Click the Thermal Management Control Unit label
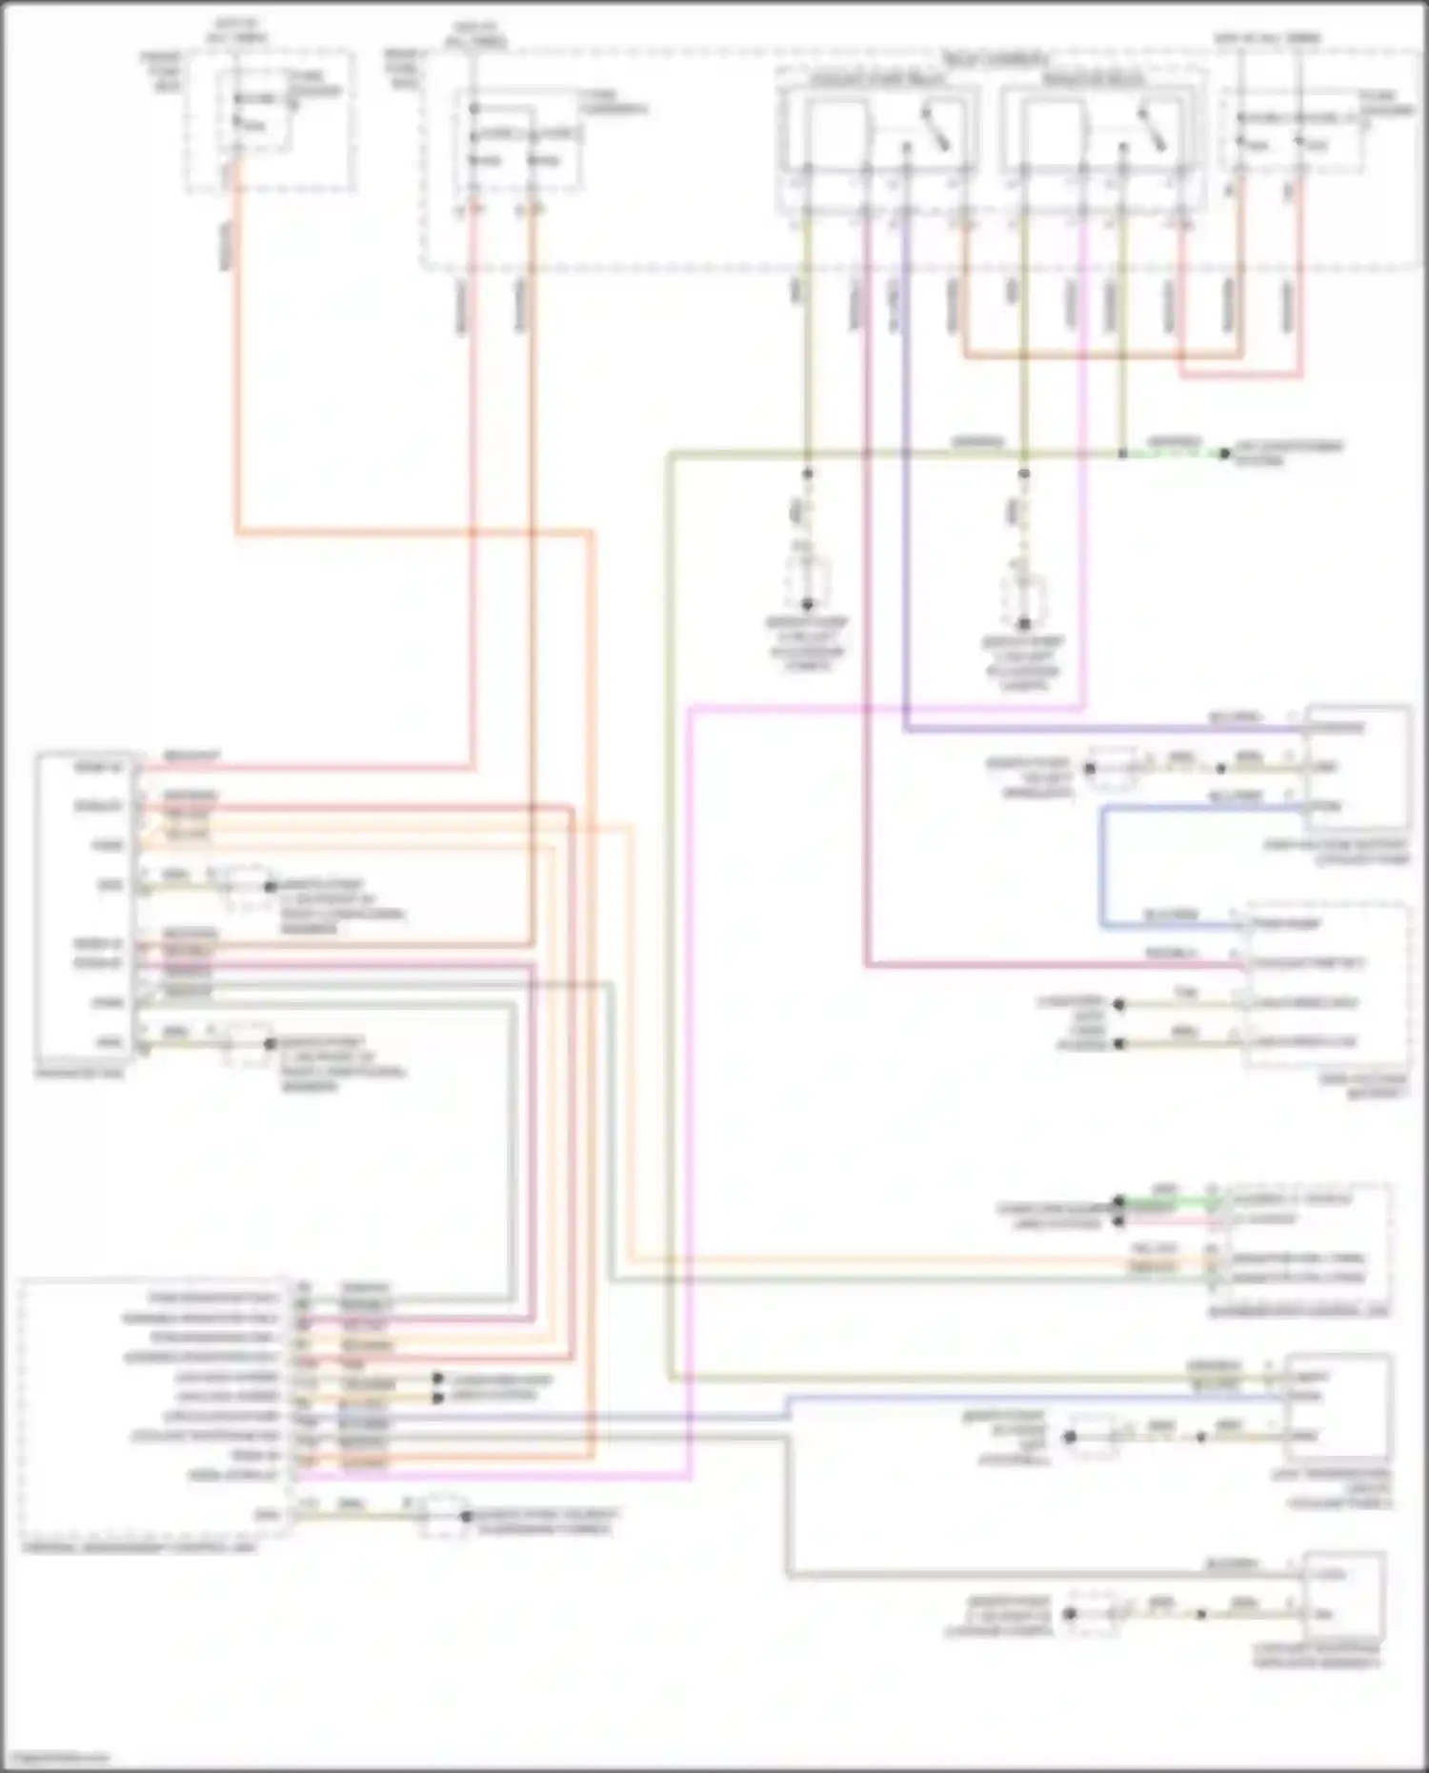[x=139, y=1548]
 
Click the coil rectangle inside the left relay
[x=835, y=128]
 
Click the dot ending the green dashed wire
[x=1225, y=453]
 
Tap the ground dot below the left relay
[x=808, y=605]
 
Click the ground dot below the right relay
[x=1024, y=624]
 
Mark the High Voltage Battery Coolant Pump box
[x=1358, y=768]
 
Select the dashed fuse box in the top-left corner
[x=272, y=121]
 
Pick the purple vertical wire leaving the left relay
[x=905, y=476]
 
